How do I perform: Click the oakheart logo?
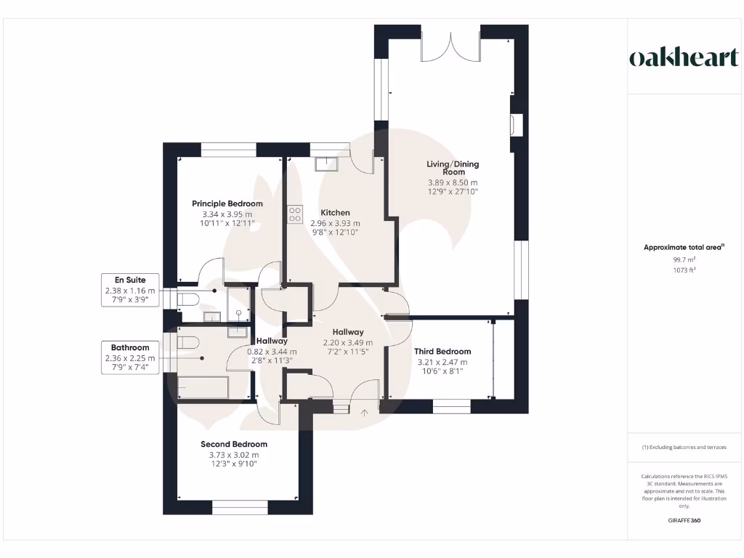coord(683,58)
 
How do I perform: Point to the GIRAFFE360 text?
coord(684,520)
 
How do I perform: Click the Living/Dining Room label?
coord(452,168)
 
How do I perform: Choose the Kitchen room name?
coord(335,213)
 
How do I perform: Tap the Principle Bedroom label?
coord(227,203)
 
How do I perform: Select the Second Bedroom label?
coord(233,444)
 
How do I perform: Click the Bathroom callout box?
coord(130,357)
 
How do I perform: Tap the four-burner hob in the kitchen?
coord(296,214)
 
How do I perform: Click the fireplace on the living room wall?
coord(516,125)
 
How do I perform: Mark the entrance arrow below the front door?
coord(365,413)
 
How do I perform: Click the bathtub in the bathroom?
coord(203,387)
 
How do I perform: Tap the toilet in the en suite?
coord(189,300)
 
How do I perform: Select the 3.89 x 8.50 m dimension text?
coord(452,182)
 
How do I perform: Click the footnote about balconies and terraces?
coord(684,447)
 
